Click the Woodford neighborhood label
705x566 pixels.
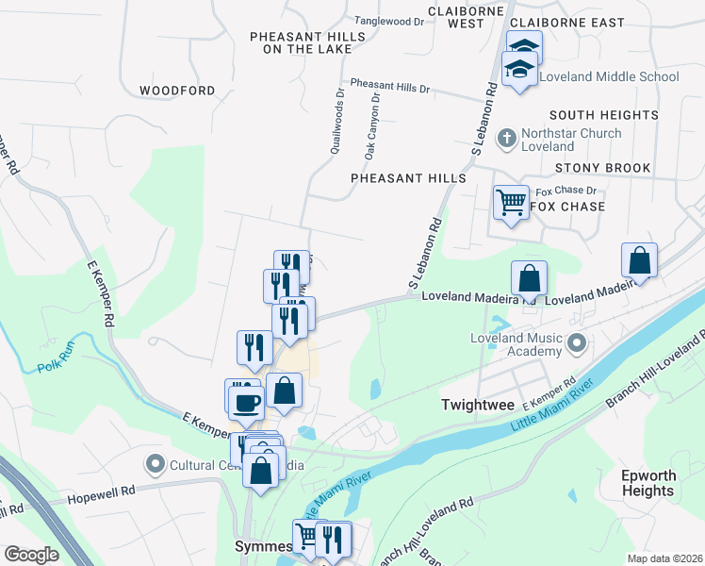(x=177, y=91)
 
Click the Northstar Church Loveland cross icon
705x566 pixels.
(x=506, y=139)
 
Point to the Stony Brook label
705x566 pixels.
(x=602, y=168)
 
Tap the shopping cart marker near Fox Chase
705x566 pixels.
(x=511, y=201)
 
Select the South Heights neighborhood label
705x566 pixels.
(x=603, y=115)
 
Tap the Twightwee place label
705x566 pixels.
(x=476, y=405)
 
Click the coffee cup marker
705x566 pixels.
(x=247, y=403)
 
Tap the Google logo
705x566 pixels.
(x=31, y=555)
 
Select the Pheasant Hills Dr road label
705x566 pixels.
(x=389, y=86)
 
